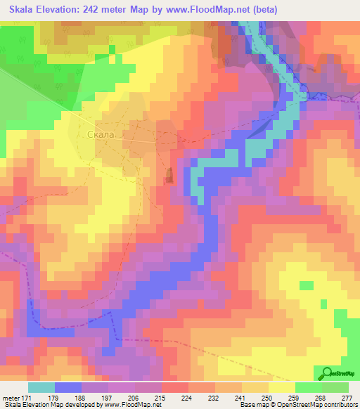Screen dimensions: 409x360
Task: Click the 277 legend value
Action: (x=346, y=397)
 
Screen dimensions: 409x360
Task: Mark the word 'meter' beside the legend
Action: (x=10, y=397)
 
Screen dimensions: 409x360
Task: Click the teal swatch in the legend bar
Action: (x=41, y=387)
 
